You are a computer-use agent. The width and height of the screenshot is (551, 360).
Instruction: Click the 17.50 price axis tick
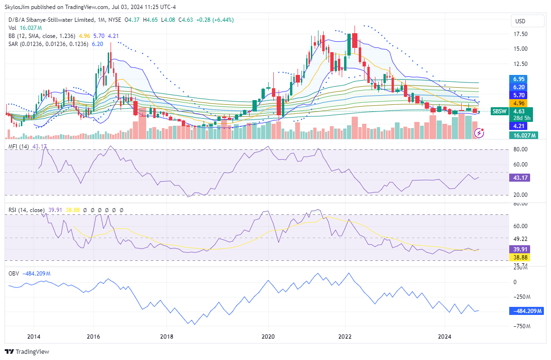[x=521, y=34]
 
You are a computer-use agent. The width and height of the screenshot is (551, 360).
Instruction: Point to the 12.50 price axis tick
[x=521, y=64]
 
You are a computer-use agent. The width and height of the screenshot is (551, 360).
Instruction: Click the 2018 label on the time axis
[x=167, y=337]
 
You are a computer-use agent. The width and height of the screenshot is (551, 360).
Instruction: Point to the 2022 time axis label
[x=345, y=337]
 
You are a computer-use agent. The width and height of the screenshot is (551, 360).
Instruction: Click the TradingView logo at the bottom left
[x=28, y=352]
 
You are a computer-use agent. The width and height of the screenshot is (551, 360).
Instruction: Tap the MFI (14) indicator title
[x=19, y=146]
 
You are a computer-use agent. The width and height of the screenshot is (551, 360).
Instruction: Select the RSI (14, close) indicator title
[x=27, y=210]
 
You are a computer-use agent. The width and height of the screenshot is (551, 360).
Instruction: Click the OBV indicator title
[x=14, y=273]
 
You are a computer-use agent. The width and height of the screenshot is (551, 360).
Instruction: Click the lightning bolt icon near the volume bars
[x=479, y=133]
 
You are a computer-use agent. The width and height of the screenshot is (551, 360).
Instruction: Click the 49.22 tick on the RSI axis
[x=520, y=239]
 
